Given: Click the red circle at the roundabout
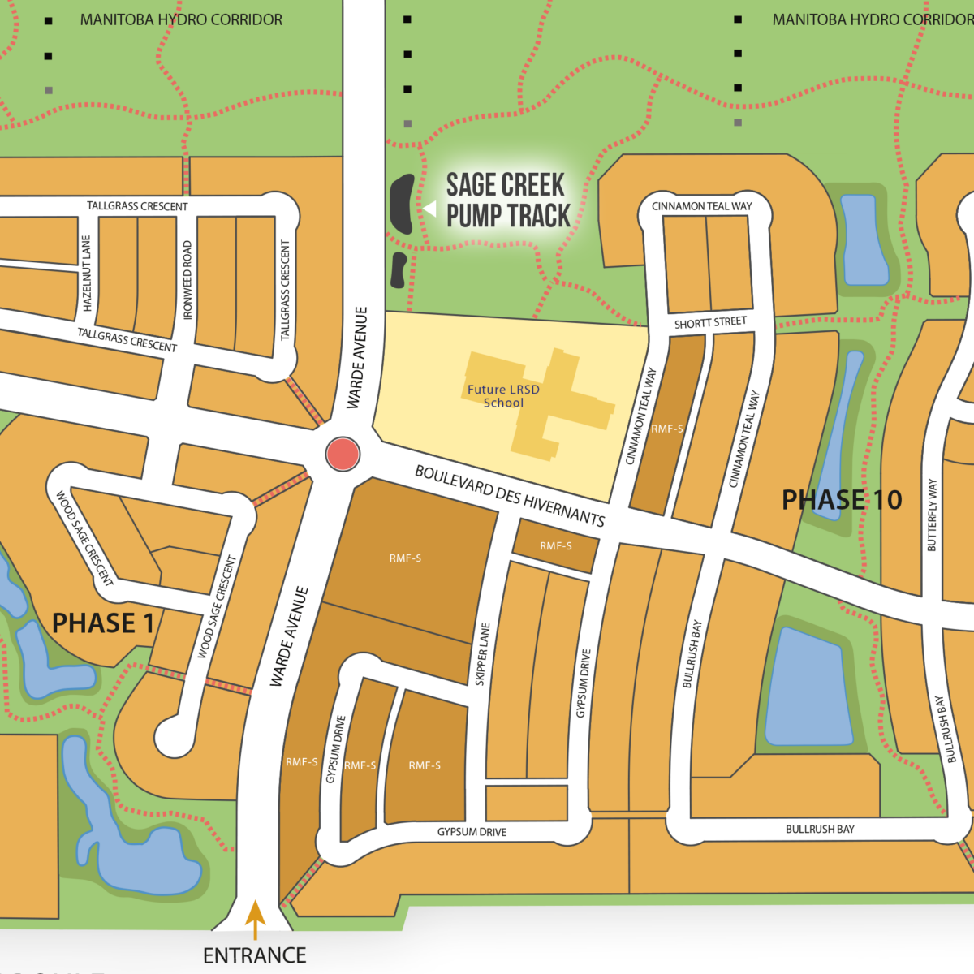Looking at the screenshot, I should click(343, 454).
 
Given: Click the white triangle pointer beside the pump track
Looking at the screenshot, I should click(429, 209).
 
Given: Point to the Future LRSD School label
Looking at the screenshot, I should click(503, 396).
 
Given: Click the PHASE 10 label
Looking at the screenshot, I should click(842, 500).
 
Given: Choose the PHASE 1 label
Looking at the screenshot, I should click(103, 623).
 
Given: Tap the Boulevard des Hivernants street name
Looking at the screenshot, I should click(510, 495).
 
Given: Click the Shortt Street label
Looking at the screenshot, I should click(710, 323).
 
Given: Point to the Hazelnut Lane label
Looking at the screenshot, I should click(87, 274).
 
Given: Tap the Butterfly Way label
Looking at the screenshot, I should click(932, 515).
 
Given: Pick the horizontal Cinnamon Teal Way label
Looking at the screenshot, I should click(702, 206).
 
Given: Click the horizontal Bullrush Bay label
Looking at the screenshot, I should click(820, 830).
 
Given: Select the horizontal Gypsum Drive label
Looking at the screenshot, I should click(472, 832).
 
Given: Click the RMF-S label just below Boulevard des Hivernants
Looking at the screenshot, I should click(556, 546).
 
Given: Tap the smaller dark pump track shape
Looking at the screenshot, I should click(398, 270).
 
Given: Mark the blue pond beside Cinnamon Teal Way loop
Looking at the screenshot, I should click(864, 240).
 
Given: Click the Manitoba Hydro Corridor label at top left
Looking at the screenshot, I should click(181, 19).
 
